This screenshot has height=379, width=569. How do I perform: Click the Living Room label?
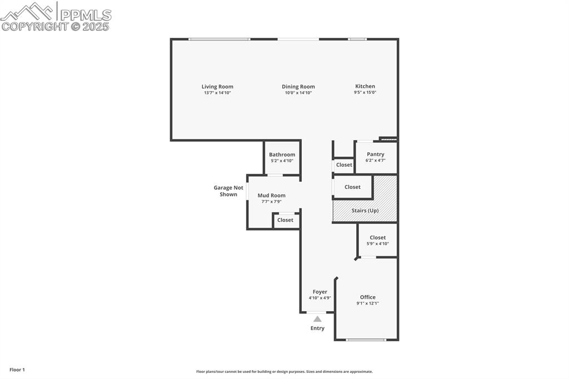click(217, 87)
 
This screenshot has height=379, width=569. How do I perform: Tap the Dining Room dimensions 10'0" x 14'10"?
click(298, 93)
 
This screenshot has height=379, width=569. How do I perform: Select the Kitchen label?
click(365, 86)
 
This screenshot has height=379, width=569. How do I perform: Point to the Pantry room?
click(376, 157)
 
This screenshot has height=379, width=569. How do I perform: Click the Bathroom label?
click(282, 154)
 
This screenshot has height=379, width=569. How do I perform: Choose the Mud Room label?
click(271, 196)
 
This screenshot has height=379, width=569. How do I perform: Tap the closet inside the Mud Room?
click(286, 220)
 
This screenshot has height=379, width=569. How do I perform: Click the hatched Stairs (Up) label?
click(365, 211)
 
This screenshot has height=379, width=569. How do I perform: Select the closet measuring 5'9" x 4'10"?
click(377, 240)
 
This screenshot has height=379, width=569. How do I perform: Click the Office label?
click(367, 297)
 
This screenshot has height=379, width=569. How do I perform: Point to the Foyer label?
click(320, 292)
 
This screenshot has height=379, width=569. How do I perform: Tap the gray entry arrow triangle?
click(317, 319)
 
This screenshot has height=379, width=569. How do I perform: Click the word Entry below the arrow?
click(317, 328)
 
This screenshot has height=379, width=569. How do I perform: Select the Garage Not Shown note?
click(228, 191)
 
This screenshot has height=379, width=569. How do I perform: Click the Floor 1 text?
click(17, 370)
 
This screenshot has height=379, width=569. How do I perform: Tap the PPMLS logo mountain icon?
click(28, 11)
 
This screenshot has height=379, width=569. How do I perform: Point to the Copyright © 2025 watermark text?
click(56, 26)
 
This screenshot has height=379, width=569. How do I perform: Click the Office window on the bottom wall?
click(366, 340)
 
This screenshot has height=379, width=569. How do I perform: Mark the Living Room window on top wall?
click(219, 39)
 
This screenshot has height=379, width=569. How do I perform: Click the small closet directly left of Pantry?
click(344, 165)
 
